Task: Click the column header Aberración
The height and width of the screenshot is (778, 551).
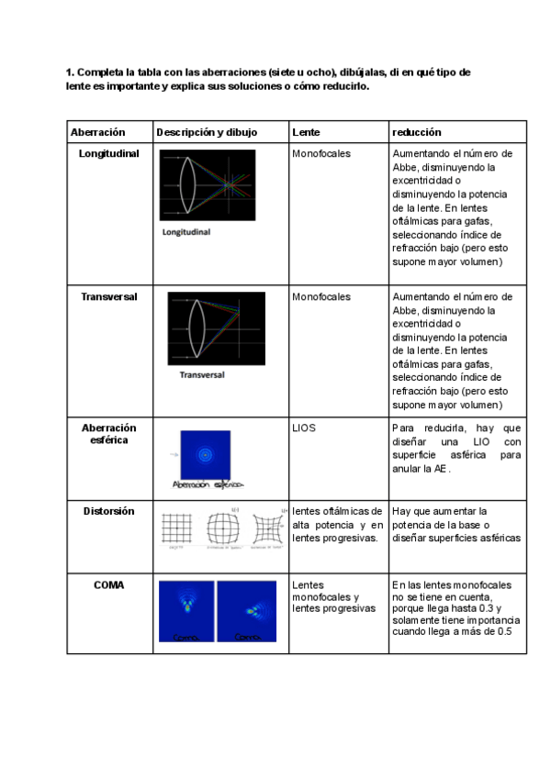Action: click(97, 133)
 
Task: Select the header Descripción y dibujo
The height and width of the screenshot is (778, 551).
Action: click(207, 133)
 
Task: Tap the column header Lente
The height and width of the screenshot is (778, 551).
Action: click(306, 133)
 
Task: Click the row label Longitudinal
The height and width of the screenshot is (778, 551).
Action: click(109, 154)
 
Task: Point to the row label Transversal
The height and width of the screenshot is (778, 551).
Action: click(109, 298)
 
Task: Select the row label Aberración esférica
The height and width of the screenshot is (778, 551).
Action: click(109, 433)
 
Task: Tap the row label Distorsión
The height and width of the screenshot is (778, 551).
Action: click(109, 511)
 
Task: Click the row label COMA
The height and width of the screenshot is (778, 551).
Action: click(109, 584)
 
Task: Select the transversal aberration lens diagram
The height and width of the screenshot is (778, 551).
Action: click(217, 328)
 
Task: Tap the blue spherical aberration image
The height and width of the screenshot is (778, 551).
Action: click(207, 454)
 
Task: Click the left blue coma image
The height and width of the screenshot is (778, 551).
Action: click(186, 610)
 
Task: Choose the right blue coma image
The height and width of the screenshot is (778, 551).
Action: click(246, 610)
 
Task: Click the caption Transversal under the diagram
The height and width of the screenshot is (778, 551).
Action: click(202, 375)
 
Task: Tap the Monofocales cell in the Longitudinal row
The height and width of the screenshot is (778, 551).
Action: click(321, 154)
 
